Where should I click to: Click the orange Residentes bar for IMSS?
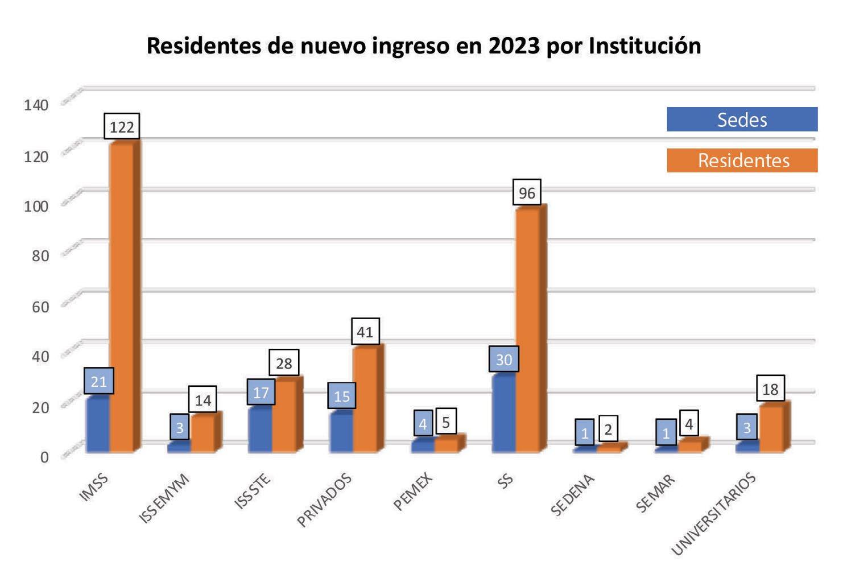coord(121,296)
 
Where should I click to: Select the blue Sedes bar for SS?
coord(503,412)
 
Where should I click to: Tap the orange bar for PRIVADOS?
coord(364,398)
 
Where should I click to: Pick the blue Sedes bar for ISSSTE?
coord(260,430)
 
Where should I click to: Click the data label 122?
coord(122,126)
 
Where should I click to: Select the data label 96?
coord(527,193)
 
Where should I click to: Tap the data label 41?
coord(365,332)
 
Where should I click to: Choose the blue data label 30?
coord(504,360)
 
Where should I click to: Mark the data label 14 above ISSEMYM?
coord(203,401)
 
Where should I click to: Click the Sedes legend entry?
coord(742,119)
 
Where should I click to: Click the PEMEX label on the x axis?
coord(414,492)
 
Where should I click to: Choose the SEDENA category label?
coord(572,495)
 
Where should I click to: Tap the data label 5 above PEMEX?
coord(446,422)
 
